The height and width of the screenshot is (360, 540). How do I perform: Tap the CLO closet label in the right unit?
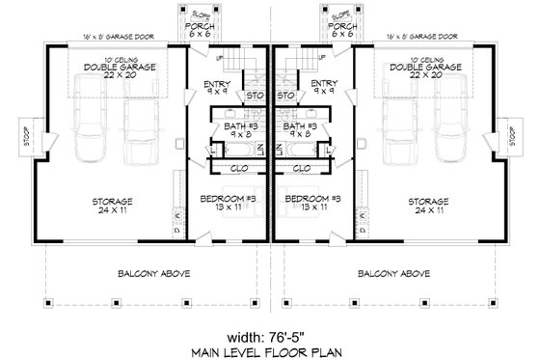(302, 167)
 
